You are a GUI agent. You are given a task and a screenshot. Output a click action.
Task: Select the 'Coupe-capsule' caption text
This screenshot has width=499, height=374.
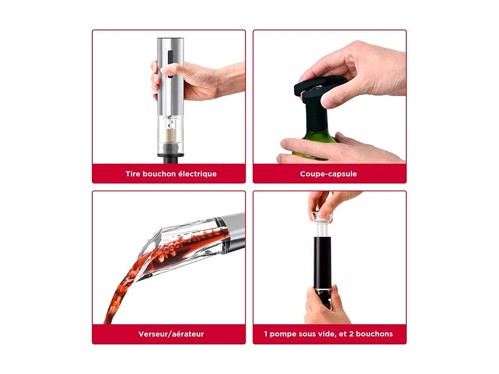[328, 174]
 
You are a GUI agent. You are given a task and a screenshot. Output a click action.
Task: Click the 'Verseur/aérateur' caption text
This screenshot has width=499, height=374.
[171, 335]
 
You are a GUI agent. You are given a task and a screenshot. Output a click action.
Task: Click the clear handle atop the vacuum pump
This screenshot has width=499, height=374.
[322, 218]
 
